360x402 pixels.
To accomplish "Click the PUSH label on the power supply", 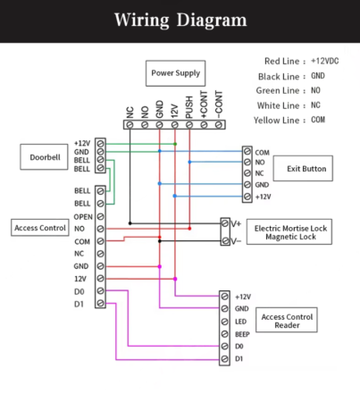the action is click(189, 107).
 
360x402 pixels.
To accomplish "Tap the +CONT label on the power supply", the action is click(204, 105).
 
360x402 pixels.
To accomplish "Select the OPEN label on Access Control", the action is click(83, 217).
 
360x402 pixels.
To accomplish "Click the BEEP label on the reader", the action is click(242, 334).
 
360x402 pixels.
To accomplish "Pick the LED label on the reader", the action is click(240, 322).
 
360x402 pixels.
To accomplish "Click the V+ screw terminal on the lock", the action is click(225, 223).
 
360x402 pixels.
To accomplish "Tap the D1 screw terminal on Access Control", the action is click(100, 304).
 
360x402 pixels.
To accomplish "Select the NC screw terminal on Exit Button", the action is click(247, 173).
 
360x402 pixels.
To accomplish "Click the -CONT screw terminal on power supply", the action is click(219, 125).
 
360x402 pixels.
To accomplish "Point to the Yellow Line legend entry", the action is click(289, 120).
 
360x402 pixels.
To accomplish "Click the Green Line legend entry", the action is click(289, 90).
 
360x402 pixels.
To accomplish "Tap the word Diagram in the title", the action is click(212, 21).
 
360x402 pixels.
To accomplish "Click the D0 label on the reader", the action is click(239, 347).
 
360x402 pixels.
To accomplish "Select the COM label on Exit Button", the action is click(262, 153).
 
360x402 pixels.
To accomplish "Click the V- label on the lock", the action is click(236, 240).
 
